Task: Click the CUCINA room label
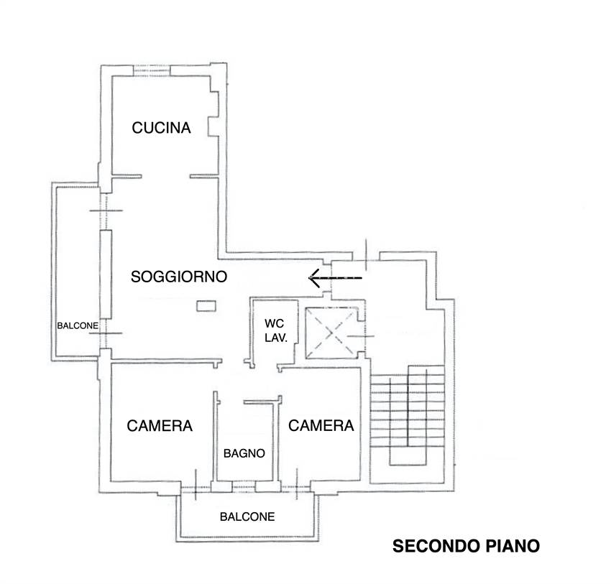[x=162, y=129]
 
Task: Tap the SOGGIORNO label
[x=179, y=277]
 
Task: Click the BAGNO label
[x=244, y=453]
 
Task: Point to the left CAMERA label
[x=160, y=426]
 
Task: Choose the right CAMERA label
[x=321, y=426]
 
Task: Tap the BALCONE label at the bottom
[x=247, y=516]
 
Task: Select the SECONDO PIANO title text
[x=465, y=547]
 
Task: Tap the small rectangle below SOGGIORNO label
[x=206, y=306]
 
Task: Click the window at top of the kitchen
[x=152, y=70]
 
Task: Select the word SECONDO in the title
[x=431, y=547]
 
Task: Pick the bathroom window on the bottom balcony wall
[x=244, y=486]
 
